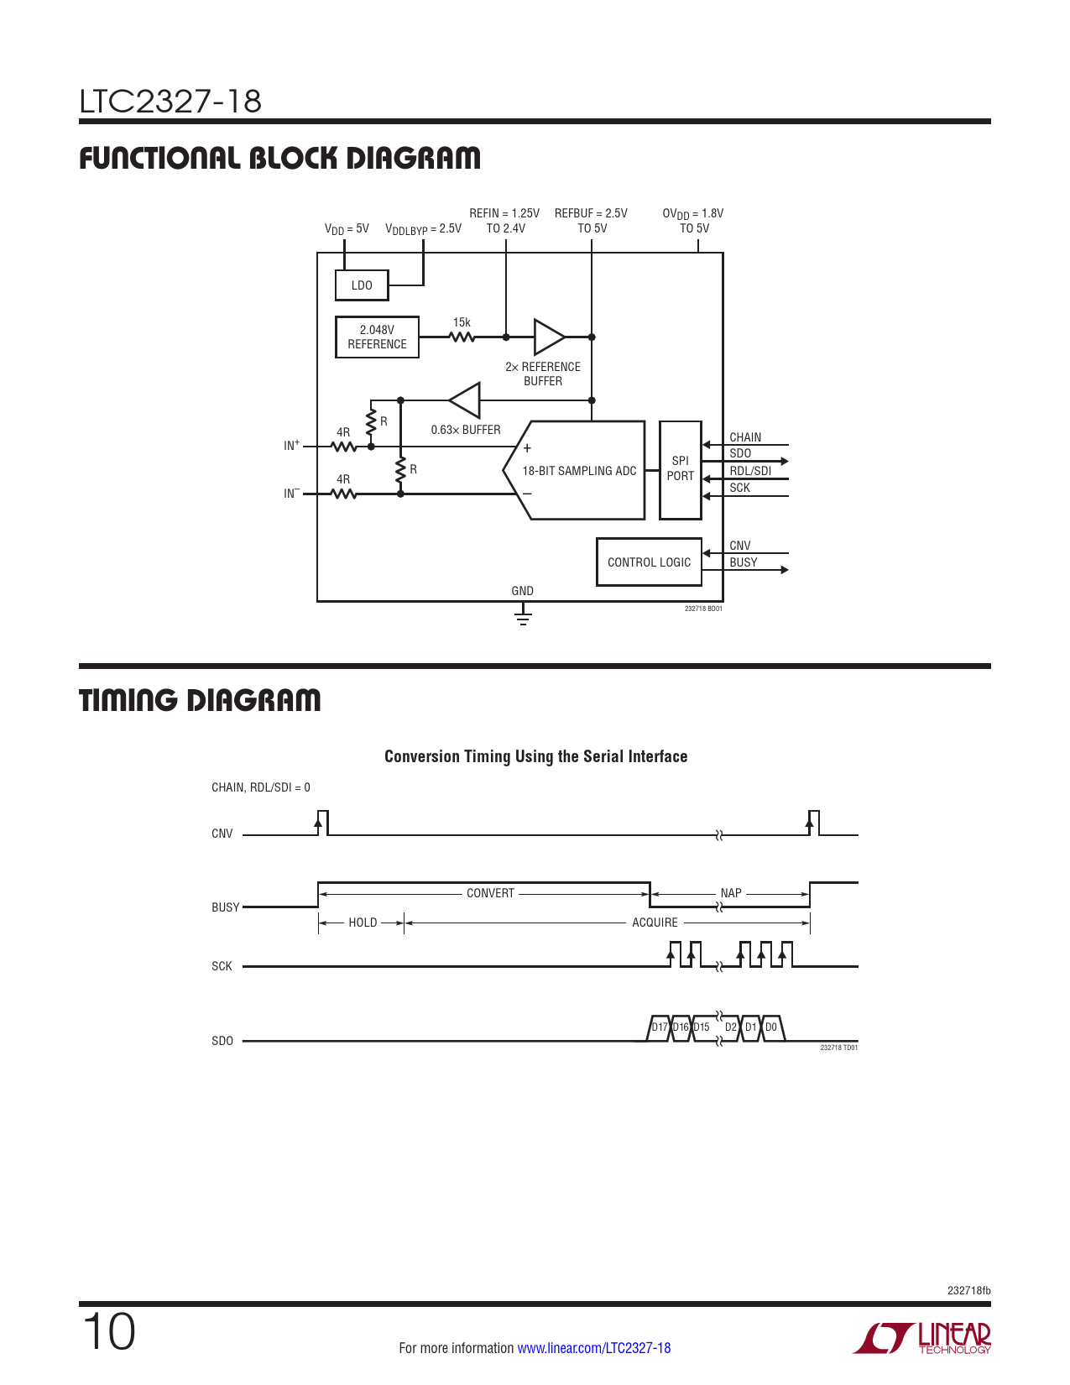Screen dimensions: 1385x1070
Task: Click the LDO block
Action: point(362,285)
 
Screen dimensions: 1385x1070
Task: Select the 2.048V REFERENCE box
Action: point(377,337)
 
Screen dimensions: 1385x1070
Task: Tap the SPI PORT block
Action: point(680,469)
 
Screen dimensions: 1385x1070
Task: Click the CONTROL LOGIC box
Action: point(649,562)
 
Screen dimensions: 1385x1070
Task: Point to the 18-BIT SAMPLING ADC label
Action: point(579,471)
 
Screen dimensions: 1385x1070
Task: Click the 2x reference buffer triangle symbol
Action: point(549,337)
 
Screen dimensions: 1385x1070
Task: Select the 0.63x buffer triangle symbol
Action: point(467,400)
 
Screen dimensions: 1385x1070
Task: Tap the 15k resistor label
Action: point(462,322)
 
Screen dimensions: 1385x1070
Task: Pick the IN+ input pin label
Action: point(291,446)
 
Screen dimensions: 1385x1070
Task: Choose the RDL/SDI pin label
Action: point(750,471)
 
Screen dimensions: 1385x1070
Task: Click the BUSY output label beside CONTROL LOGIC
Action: point(744,562)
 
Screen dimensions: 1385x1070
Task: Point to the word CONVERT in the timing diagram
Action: point(490,893)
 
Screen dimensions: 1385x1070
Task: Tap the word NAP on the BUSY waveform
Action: point(731,893)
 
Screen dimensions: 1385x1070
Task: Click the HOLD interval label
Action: point(363,922)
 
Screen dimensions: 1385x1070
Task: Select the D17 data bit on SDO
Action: point(660,1027)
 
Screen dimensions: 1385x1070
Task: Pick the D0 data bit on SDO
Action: point(771,1027)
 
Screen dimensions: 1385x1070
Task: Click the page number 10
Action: point(108,1332)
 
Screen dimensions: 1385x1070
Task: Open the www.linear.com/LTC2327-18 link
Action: point(593,1348)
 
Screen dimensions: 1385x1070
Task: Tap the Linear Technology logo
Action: point(922,1338)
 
